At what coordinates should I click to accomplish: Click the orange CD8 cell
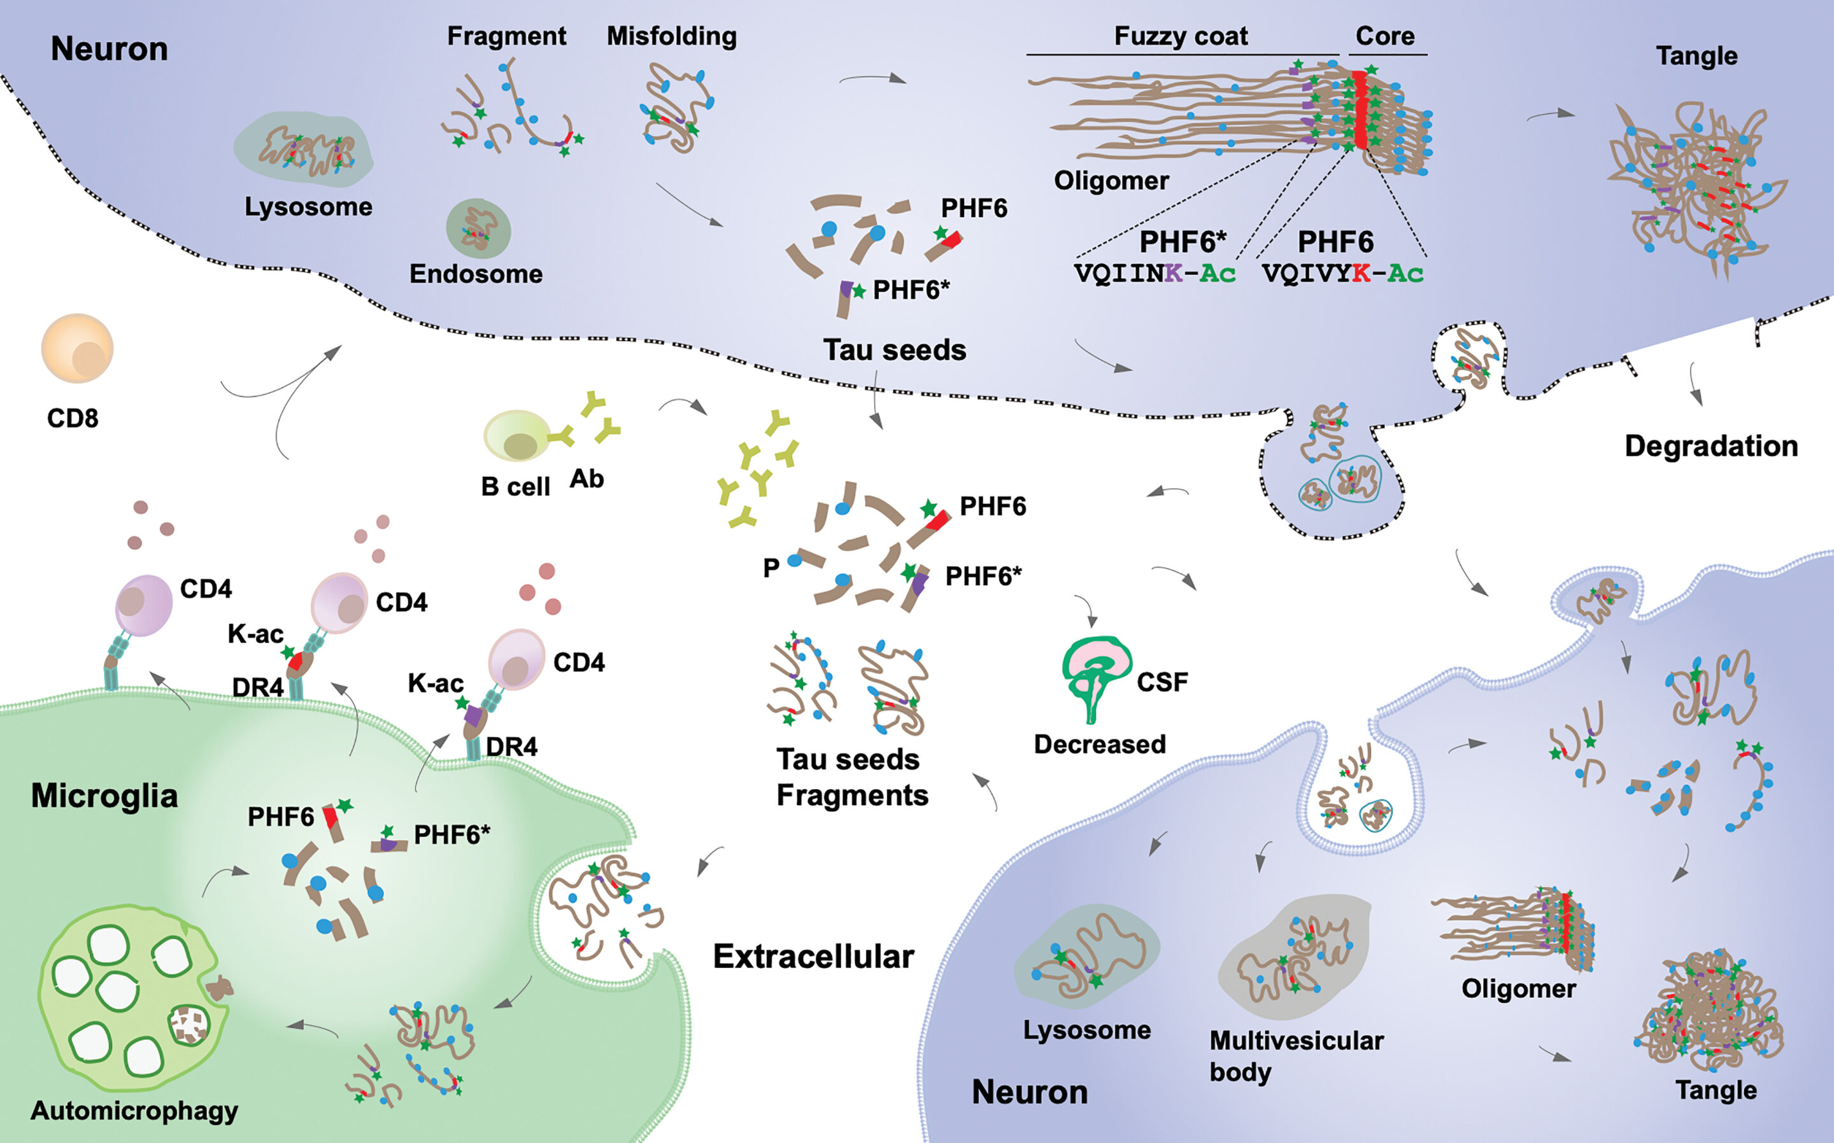[77, 349]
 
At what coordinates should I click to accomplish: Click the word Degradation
[1710, 446]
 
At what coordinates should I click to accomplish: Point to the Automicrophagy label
[134, 1111]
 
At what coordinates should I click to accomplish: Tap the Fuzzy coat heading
[1181, 36]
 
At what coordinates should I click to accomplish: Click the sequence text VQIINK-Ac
[1155, 273]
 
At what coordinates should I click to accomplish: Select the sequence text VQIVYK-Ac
[1343, 273]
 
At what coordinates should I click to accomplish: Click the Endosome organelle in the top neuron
[478, 228]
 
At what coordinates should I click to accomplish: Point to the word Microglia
[104, 796]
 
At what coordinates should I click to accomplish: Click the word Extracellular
[813, 957]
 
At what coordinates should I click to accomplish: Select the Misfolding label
[672, 36]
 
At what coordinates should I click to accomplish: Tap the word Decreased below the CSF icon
[1100, 744]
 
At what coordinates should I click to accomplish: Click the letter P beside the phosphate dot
[771, 567]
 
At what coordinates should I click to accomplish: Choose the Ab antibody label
[586, 479]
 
